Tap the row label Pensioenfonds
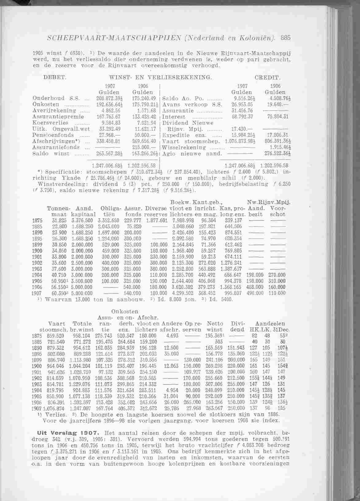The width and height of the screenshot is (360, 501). pos(53,135)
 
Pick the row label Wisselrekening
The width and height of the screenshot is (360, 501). pos(184,147)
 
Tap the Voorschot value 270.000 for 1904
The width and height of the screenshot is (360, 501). pos(277,275)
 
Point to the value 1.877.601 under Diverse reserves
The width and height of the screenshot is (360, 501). pos(157,220)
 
